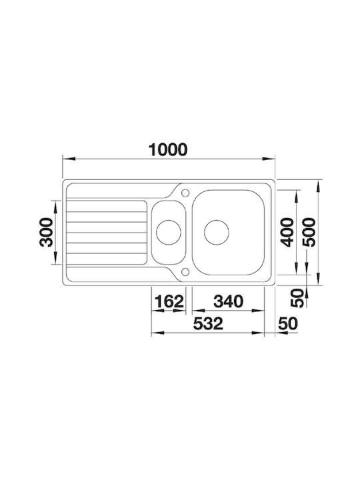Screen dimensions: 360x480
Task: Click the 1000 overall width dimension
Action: coord(167,150)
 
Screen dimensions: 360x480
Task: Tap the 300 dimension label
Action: coord(46,232)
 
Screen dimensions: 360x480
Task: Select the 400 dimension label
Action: coord(287,232)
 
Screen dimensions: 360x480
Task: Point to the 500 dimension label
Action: coord(309,232)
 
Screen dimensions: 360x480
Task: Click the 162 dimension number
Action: coord(169,301)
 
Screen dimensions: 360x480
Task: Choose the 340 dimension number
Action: coord(229,301)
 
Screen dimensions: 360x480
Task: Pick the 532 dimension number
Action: coord(208,323)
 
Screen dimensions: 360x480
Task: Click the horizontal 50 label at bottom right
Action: coord(288,323)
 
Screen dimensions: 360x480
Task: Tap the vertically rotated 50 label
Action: coord(297,298)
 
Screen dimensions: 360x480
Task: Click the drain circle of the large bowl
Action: coord(217,233)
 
